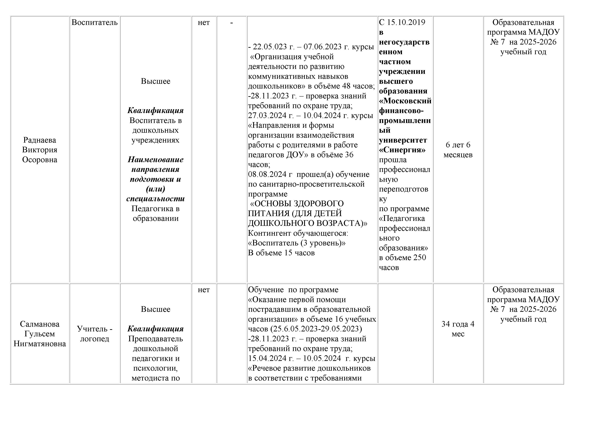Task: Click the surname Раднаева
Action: pos(40,140)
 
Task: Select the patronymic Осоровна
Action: pos(40,160)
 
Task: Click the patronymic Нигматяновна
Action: pos(40,344)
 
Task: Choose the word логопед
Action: pos(95,339)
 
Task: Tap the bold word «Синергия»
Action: pos(402,150)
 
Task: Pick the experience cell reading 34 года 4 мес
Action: pos(458,329)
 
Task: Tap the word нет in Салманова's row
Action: pos(204,290)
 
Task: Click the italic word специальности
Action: pos(155,199)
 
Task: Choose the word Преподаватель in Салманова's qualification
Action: pos(155,339)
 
